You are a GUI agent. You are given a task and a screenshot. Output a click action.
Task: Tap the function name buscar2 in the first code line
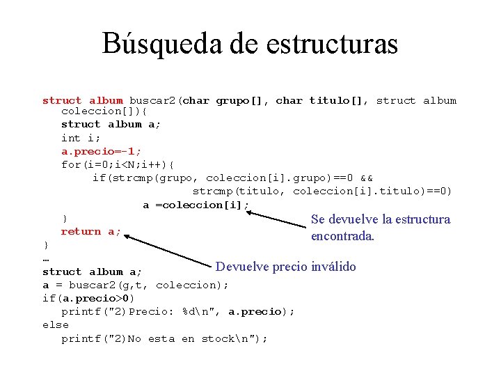pos(153,100)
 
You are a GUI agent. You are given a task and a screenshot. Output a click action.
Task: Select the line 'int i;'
pos(81,139)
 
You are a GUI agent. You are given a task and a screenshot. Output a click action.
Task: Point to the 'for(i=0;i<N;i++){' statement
pos(118,165)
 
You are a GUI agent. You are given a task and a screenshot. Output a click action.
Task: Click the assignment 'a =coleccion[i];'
pos(196,205)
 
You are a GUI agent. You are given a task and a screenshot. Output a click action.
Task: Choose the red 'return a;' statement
pos(90,231)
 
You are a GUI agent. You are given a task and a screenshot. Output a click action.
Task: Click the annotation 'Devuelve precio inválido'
pos(285,267)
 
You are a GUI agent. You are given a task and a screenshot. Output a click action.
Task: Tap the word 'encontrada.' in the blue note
pos(342,236)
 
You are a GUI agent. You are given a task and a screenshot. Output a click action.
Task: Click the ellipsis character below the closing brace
pos(46,259)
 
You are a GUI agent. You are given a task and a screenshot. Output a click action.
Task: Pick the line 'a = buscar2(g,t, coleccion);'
pos(135,285)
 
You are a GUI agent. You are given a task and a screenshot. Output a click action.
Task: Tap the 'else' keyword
pos(56,324)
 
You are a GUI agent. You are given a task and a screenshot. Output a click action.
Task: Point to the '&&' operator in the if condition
pos(366,178)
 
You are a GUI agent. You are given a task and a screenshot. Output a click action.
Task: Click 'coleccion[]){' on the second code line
pos(104,111)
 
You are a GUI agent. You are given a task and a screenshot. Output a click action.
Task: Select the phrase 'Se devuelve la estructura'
pos(380,219)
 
